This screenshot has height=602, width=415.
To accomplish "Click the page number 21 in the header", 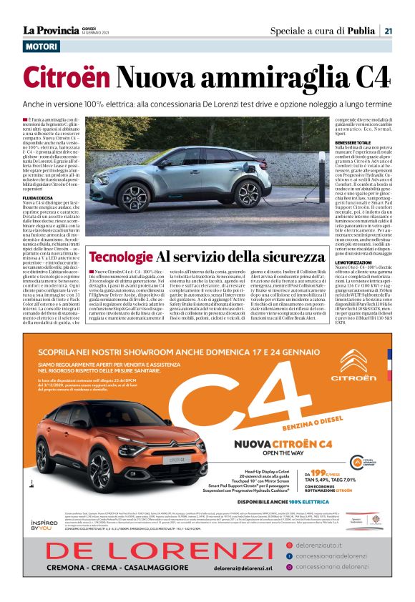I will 387,31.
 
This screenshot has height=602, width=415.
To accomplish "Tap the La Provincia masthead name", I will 50,30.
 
